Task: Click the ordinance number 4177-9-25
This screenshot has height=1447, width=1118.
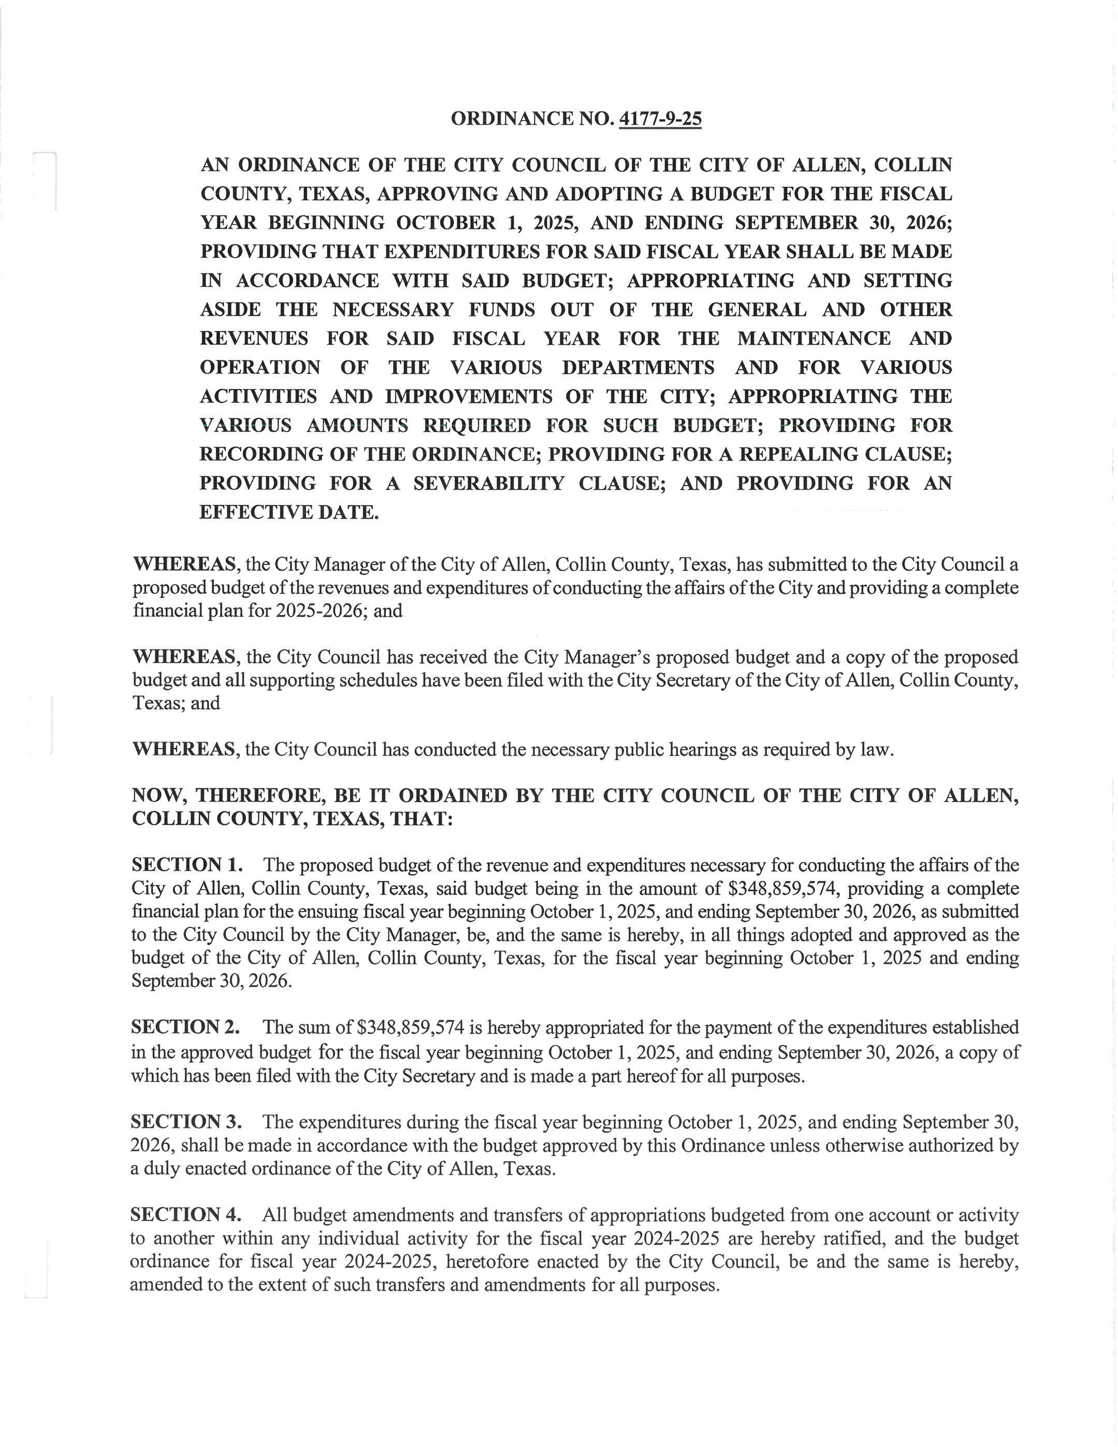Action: tap(660, 119)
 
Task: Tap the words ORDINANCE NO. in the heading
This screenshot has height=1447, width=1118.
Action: tap(532, 119)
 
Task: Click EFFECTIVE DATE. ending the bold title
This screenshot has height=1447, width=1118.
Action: tap(289, 512)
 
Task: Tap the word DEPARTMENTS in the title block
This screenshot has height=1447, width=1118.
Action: tap(638, 367)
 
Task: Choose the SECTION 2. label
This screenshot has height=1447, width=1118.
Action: tap(185, 1027)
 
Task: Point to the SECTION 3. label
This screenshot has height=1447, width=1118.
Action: tap(186, 1122)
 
